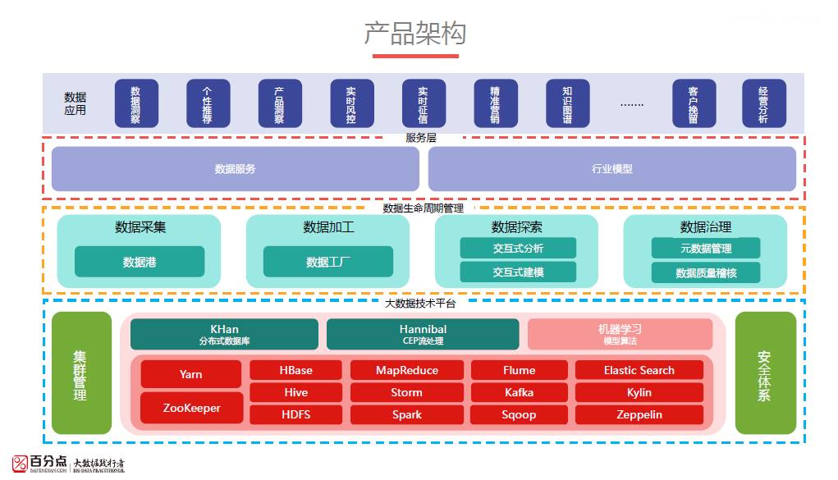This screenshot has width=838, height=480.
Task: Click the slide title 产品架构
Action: [415, 33]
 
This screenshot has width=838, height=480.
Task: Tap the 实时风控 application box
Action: [352, 103]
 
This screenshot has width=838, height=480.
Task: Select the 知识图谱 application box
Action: [568, 103]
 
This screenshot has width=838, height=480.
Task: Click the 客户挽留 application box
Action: [694, 103]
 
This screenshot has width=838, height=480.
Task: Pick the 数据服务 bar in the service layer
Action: [236, 169]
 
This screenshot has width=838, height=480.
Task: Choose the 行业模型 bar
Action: [612, 169]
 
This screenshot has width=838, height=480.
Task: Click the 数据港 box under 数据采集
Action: [140, 262]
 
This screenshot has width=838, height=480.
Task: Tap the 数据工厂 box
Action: [328, 262]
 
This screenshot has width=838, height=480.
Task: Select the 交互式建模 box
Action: [518, 272]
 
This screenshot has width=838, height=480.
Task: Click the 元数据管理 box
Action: [706, 248]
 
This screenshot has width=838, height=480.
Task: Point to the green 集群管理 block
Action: [80, 373]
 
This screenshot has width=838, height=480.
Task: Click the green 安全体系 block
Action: [765, 373]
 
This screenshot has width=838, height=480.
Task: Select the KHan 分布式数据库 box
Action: [224, 334]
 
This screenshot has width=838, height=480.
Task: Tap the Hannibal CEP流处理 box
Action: [423, 334]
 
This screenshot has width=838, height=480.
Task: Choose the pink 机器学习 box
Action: [620, 334]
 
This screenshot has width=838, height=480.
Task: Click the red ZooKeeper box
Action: [191, 408]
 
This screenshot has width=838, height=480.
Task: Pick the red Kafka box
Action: [519, 392]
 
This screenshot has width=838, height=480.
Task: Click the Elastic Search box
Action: [639, 370]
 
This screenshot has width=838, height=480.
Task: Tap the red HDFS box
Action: [296, 414]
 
